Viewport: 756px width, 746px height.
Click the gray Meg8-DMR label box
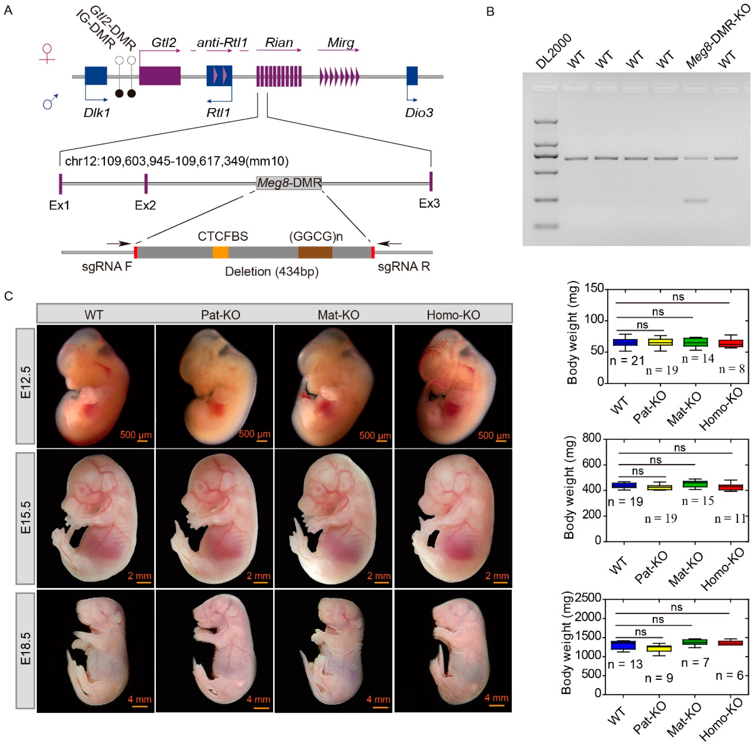[x=289, y=182]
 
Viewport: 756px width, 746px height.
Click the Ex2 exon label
[x=145, y=205]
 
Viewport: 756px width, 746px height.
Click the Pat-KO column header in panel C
[x=220, y=315]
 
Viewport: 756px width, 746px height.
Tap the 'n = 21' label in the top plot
[x=627, y=360]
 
